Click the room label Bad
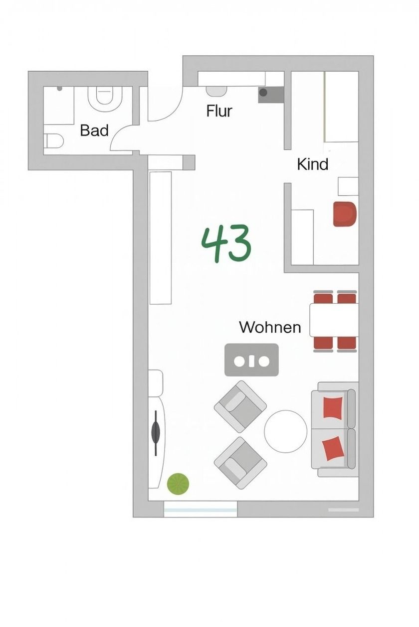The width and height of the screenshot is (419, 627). pyautogui.click(x=94, y=130)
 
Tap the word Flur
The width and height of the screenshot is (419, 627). pyautogui.click(x=219, y=111)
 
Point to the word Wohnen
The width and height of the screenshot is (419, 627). pyautogui.click(x=270, y=327)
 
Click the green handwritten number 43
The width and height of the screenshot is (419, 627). pyautogui.click(x=226, y=244)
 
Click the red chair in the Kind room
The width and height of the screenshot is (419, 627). pyautogui.click(x=345, y=214)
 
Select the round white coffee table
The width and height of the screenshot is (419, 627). pyautogui.click(x=285, y=431)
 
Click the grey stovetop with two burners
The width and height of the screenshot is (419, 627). pyautogui.click(x=251, y=360)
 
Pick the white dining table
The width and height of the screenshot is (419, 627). pyautogui.click(x=334, y=320)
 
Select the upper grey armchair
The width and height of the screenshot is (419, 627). pyautogui.click(x=240, y=406)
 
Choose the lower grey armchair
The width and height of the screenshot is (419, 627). pyautogui.click(x=240, y=463)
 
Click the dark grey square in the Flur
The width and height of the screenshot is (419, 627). pyautogui.click(x=271, y=95)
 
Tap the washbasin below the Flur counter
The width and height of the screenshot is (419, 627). pyautogui.click(x=216, y=91)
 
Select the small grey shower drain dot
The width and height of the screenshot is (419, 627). pyautogui.click(x=59, y=89)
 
